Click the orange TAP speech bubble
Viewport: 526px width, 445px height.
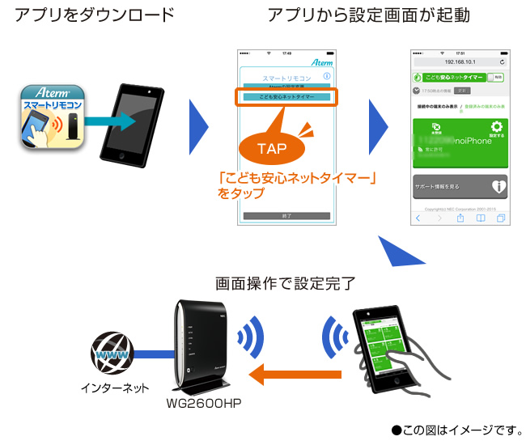271,149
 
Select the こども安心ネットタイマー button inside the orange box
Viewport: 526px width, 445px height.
286,97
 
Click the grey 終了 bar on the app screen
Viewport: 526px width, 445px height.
286,216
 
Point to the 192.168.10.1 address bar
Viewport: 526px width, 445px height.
459,61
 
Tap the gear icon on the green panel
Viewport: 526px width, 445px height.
497,127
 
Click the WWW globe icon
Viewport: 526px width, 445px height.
108,354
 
